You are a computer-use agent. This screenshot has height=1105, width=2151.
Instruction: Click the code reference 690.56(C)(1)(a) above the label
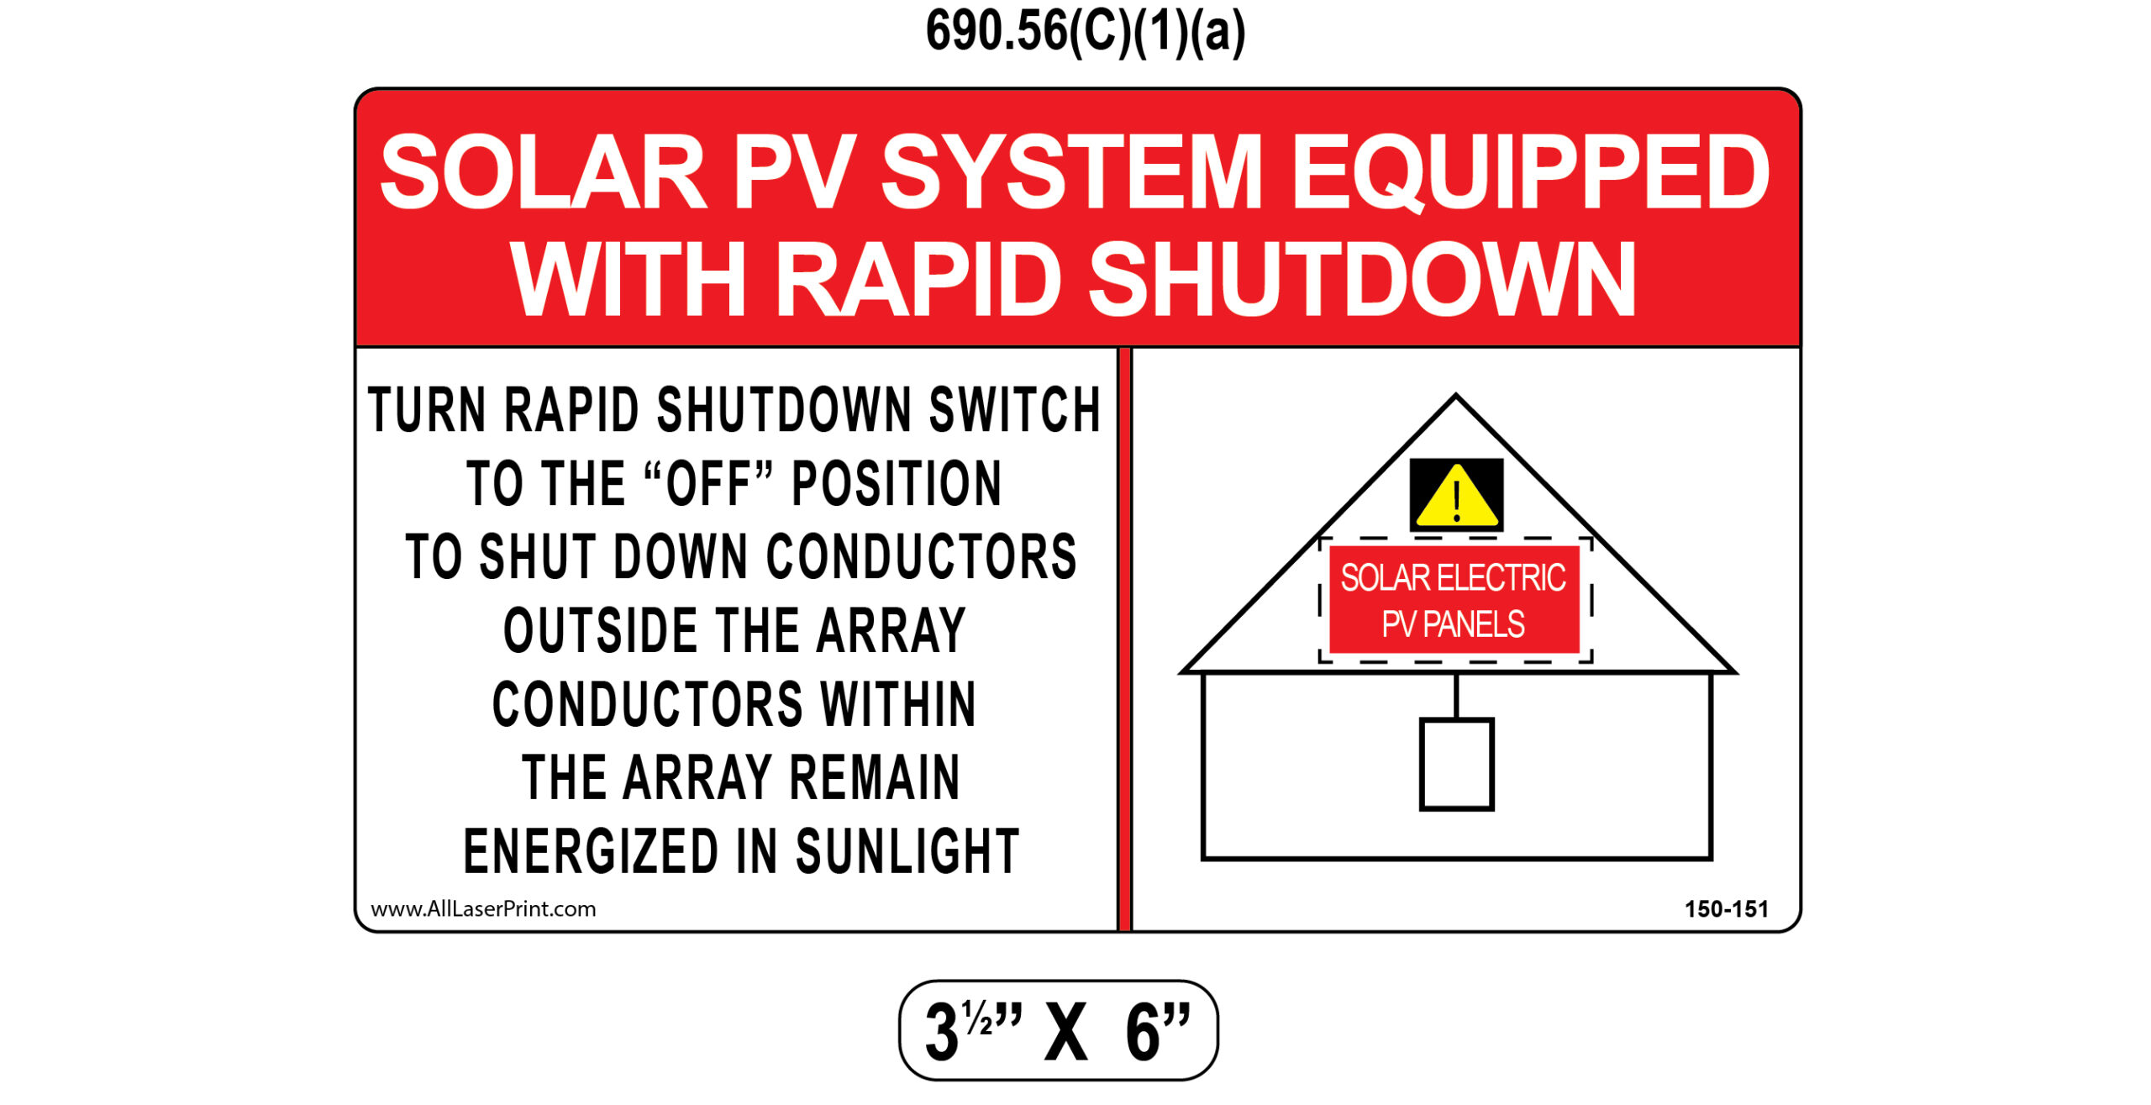(x=1085, y=32)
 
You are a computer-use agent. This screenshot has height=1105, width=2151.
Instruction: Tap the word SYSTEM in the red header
(x=1070, y=172)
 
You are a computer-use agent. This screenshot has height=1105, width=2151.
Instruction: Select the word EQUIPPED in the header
(x=1531, y=172)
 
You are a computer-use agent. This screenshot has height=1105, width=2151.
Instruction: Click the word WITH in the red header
(x=628, y=278)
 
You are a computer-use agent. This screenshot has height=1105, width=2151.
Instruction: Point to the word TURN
(x=427, y=410)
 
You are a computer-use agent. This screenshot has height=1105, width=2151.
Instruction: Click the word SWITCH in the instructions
(x=1014, y=410)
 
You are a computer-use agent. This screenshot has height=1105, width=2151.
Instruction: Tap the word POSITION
(x=897, y=483)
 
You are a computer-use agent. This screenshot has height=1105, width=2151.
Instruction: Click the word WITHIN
(x=898, y=703)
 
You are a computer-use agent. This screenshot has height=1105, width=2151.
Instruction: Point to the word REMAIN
(x=875, y=777)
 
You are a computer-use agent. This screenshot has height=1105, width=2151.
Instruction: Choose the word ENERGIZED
(x=591, y=851)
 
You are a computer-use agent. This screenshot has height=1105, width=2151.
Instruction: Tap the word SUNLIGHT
(x=907, y=851)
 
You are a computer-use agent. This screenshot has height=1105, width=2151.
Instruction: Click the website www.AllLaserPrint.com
(x=483, y=909)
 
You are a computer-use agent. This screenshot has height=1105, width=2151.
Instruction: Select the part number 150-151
(x=1727, y=909)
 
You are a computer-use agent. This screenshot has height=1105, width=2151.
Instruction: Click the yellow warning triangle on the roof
(x=1456, y=496)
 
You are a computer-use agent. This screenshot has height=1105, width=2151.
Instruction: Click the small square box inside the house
(x=1456, y=764)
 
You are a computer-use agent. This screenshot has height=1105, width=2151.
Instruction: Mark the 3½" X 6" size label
(x=1058, y=1030)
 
